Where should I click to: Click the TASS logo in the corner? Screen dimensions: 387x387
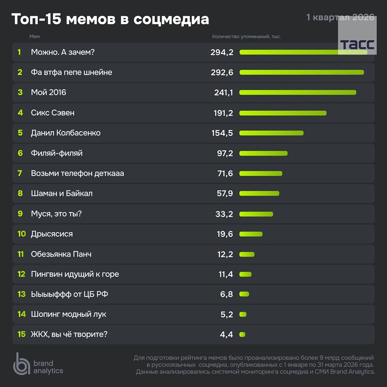pyautogui.click(x=357, y=44)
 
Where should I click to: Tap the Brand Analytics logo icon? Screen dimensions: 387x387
pyautogui.click(x=21, y=364)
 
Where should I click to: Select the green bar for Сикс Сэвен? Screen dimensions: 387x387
pyautogui.click(x=283, y=113)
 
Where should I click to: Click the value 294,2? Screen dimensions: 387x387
pyautogui.click(x=222, y=52)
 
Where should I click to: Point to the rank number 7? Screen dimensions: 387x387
pyautogui.click(x=20, y=173)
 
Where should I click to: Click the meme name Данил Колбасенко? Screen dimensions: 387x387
pyautogui.click(x=66, y=133)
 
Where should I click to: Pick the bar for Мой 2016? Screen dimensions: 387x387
pyautogui.click(x=298, y=92)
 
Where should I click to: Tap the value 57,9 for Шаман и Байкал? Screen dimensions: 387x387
pyautogui.click(x=224, y=193)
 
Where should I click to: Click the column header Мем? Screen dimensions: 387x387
pyautogui.click(x=34, y=36)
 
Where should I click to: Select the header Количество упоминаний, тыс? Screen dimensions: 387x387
pyautogui.click(x=247, y=36)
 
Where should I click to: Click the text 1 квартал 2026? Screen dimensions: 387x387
pyautogui.click(x=340, y=17)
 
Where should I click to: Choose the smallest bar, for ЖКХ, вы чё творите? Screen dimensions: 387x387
pyautogui.click(x=242, y=334)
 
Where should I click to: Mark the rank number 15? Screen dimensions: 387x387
pyautogui.click(x=21, y=334)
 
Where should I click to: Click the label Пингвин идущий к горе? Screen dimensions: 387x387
pyautogui.click(x=75, y=274)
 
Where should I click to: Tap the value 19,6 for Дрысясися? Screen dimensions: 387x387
pyautogui.click(x=224, y=234)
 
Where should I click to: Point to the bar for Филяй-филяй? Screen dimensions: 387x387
pyautogui.click(x=263, y=153)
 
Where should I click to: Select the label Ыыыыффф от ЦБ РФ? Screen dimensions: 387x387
pyautogui.click(x=69, y=294)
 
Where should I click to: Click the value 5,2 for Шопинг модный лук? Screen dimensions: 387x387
pyautogui.click(x=226, y=314)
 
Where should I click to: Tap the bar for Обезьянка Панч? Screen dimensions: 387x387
pyautogui.click(x=247, y=254)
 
